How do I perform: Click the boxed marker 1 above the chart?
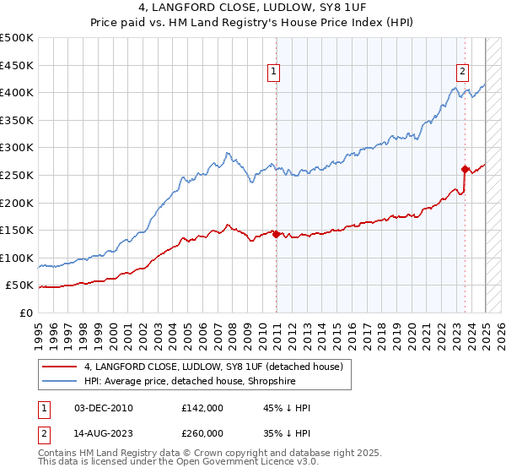click(275, 73)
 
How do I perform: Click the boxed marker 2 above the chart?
click(463, 73)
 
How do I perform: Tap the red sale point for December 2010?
click(276, 235)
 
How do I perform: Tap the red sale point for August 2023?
click(465, 169)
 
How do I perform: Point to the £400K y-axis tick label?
click(18, 92)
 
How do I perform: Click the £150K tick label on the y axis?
click(18, 230)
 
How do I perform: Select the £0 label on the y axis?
click(27, 313)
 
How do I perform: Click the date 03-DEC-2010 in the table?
click(103, 409)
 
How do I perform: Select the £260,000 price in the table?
click(202, 434)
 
